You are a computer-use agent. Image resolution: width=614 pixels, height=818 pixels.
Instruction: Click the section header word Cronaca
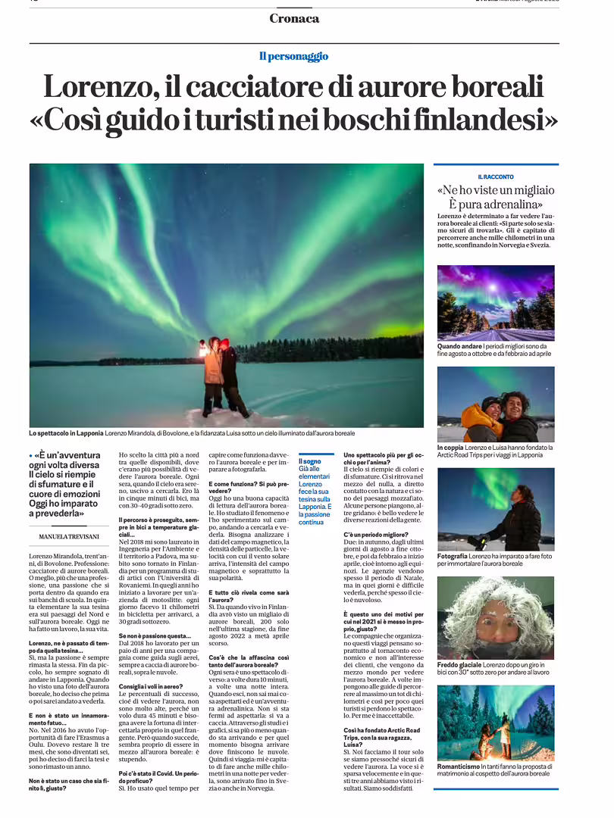coord(294,18)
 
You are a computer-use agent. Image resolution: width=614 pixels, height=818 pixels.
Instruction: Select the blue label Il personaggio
coord(293,56)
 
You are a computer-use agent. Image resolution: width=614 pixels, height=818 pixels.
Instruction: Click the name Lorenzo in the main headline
coord(98,86)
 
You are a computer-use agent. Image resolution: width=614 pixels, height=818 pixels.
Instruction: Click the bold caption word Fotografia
coord(453,556)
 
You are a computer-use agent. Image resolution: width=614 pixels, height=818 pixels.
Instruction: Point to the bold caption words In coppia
coord(450,447)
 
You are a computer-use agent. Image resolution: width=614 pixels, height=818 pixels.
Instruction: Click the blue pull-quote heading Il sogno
coord(309,461)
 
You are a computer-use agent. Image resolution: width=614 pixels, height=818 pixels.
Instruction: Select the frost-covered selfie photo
coord(495,617)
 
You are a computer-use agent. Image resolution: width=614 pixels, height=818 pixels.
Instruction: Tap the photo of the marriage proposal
coord(495,723)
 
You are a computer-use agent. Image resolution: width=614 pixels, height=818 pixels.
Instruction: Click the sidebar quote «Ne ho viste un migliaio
coord(495,190)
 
